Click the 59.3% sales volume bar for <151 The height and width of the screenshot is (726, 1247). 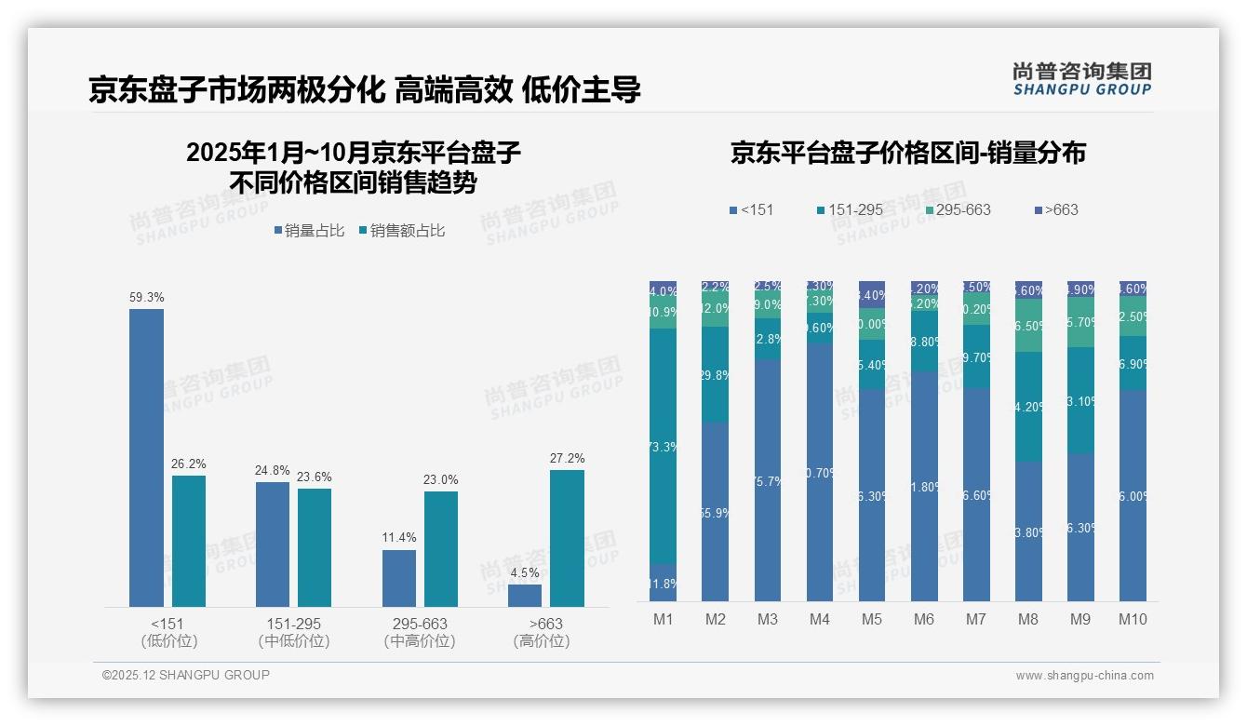(x=146, y=458)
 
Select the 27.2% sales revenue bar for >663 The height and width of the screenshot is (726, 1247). (x=567, y=538)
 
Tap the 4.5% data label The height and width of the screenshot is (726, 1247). (x=525, y=571)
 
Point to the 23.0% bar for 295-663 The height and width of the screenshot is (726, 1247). (x=441, y=549)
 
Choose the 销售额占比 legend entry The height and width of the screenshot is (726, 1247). (x=402, y=231)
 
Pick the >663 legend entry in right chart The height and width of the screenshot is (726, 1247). (x=1056, y=209)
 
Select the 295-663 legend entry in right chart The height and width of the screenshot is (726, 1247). (x=958, y=209)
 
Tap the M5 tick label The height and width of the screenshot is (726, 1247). (x=872, y=619)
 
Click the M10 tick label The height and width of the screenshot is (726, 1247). (x=1133, y=619)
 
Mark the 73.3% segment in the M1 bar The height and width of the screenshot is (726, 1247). (x=663, y=446)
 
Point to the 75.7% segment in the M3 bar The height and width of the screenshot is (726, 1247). (x=768, y=480)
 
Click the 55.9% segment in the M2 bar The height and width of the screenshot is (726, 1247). (x=715, y=512)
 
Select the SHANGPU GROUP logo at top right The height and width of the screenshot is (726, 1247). (x=1082, y=79)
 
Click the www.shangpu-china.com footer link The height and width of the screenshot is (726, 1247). (x=1084, y=676)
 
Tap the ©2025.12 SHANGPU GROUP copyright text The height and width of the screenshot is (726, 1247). (x=186, y=675)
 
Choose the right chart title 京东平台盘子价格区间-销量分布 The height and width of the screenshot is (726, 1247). (x=907, y=154)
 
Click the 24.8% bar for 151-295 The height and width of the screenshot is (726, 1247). (x=273, y=544)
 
